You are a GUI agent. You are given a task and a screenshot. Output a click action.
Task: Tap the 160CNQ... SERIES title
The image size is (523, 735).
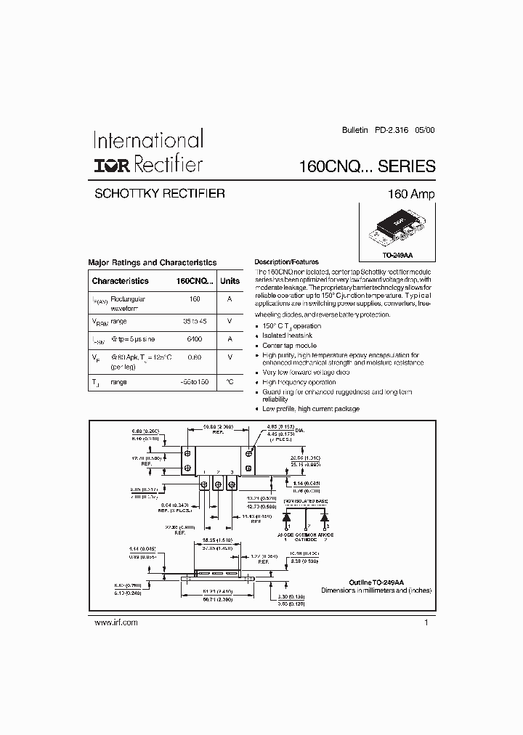pos(367,166)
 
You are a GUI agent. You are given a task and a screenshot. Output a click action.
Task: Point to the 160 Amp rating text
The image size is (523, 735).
pos(413,195)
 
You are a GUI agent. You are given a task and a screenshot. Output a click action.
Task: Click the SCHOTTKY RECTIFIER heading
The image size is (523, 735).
pos(160,194)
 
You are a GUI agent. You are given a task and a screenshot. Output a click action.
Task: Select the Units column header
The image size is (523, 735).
pos(230,281)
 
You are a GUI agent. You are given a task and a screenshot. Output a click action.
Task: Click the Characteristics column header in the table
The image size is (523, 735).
pos(120,281)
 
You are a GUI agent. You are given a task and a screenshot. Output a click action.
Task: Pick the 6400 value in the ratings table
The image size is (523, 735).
pos(195,339)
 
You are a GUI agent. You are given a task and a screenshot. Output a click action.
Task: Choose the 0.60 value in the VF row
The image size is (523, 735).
pos(195,357)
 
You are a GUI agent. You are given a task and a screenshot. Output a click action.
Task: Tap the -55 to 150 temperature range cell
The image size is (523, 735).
pos(195,381)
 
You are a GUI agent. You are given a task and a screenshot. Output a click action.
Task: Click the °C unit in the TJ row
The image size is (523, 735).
pos(230,381)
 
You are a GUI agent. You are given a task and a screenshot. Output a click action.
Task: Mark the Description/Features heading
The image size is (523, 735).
pos(286,262)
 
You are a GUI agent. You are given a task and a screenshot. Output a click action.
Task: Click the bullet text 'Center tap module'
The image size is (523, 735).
pos(288,346)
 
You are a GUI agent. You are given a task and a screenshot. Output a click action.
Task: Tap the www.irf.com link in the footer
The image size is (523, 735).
pos(116,622)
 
